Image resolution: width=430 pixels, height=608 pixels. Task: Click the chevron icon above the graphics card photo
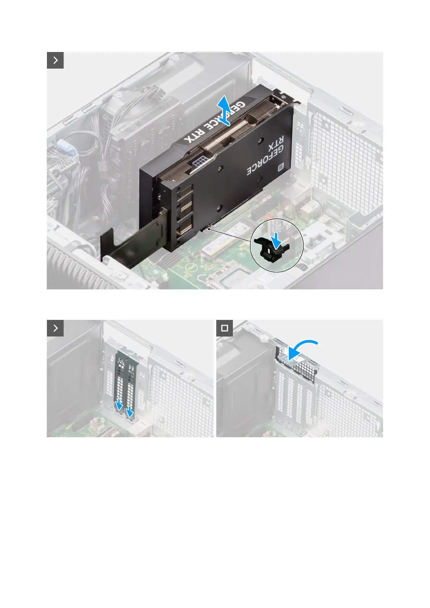click(x=55, y=60)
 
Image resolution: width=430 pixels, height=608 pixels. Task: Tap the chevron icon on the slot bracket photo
click(x=55, y=328)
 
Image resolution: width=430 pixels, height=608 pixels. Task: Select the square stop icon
click(x=225, y=328)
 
